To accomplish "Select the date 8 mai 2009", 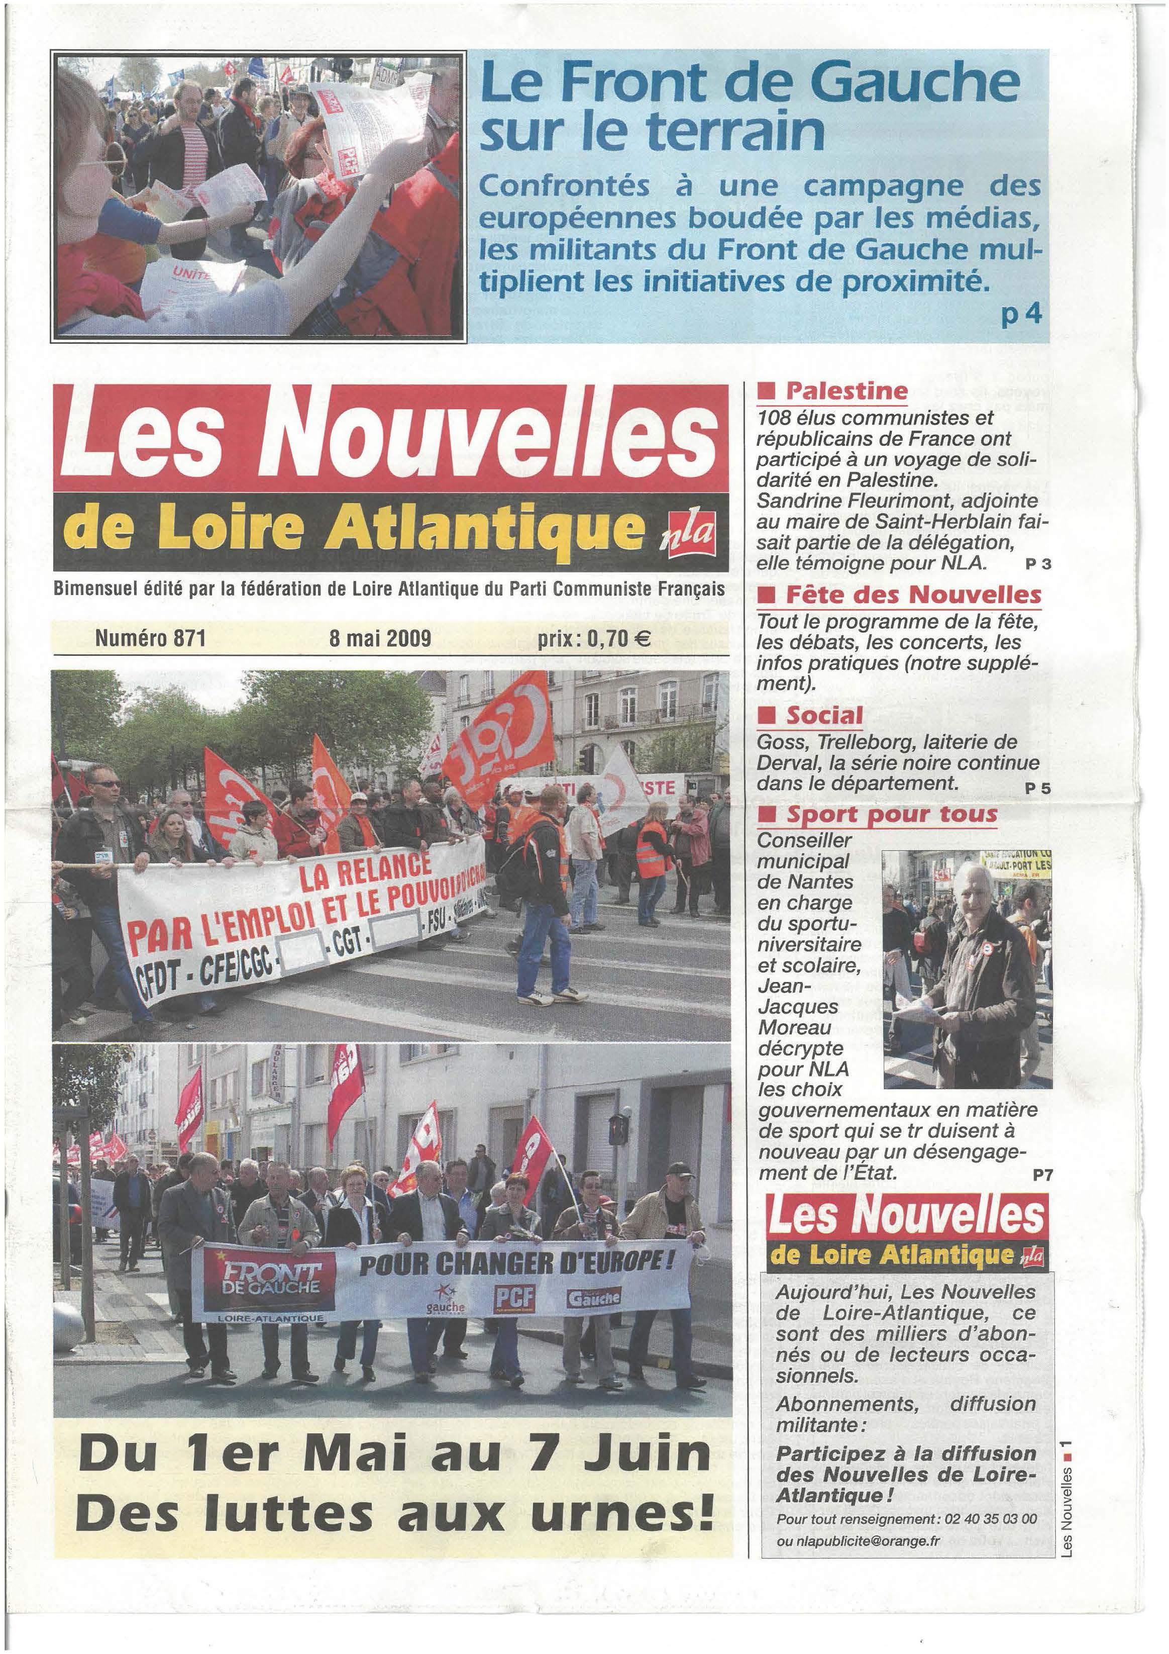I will click(380, 638).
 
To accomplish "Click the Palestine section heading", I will click(845, 391).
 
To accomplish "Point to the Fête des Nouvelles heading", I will click(913, 595).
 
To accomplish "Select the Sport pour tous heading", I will click(892, 815).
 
